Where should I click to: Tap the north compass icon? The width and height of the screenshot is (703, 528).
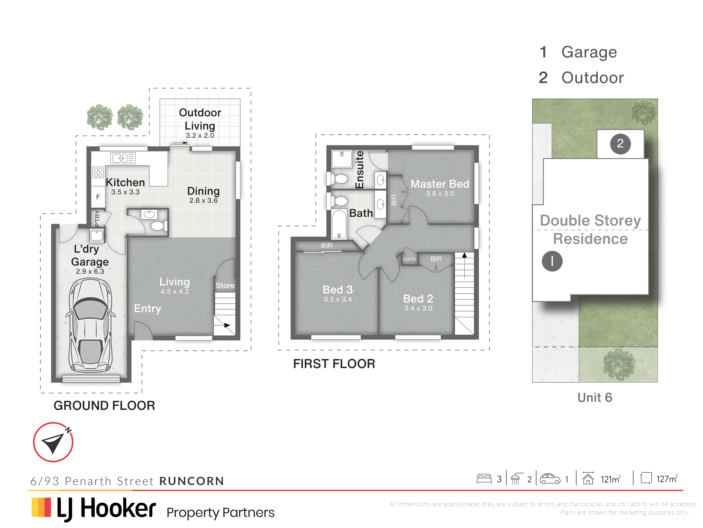(x=53, y=442)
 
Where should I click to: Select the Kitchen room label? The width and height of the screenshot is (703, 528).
(x=125, y=182)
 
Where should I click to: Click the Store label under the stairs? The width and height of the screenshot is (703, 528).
(x=225, y=286)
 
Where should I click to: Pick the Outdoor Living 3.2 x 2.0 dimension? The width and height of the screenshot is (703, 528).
(x=200, y=135)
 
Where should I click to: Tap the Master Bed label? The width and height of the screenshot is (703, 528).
(x=440, y=184)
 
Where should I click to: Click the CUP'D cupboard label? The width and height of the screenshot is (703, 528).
(x=409, y=259)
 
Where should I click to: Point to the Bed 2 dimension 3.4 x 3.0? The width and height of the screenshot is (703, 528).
(x=418, y=308)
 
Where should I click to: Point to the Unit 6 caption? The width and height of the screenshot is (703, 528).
(x=595, y=397)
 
